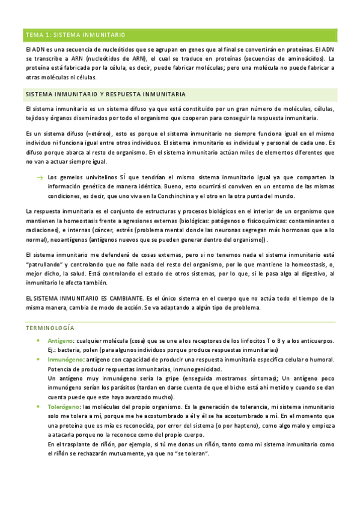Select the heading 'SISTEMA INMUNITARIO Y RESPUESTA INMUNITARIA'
[105, 95]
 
